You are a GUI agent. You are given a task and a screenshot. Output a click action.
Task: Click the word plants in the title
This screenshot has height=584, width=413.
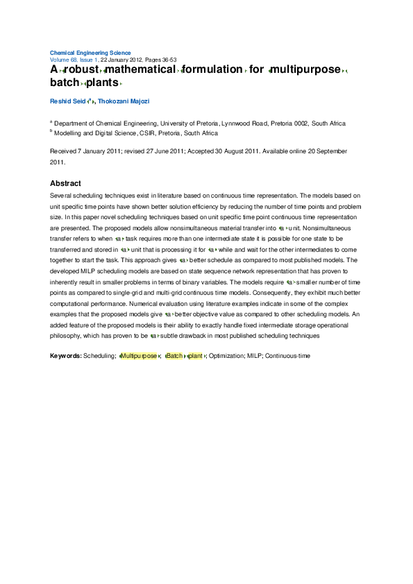coord(102,83)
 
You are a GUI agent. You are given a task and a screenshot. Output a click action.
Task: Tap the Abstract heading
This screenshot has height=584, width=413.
coord(65,183)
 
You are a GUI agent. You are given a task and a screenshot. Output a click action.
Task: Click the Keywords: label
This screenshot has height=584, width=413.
coord(65,356)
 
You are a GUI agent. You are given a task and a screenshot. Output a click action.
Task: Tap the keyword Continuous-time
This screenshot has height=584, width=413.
coord(287,356)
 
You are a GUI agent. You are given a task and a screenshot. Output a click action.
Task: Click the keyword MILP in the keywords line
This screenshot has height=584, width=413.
coord(253,356)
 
